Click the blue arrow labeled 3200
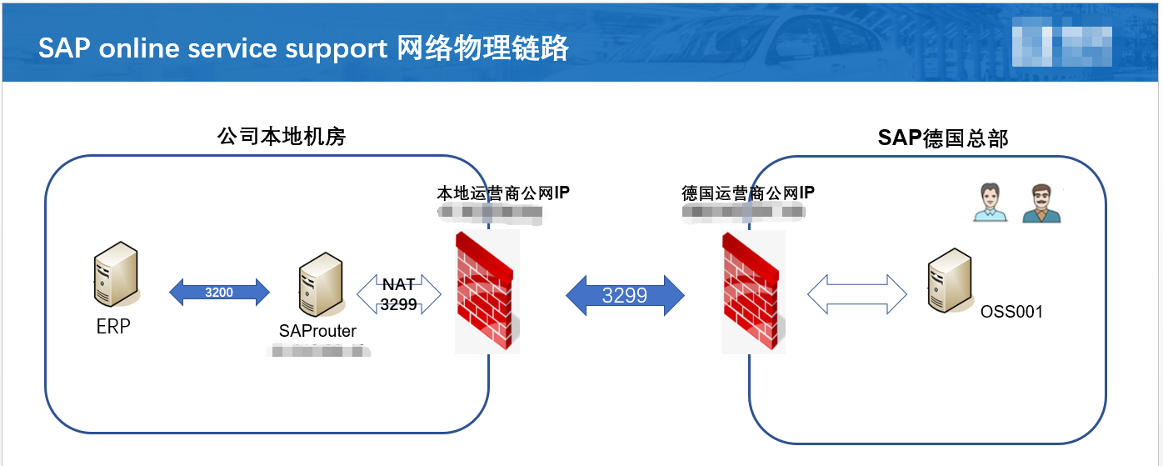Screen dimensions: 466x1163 click(x=220, y=293)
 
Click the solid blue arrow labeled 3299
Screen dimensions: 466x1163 click(x=625, y=295)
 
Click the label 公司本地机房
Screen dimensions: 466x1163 click(x=282, y=137)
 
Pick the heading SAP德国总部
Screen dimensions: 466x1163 click(x=943, y=138)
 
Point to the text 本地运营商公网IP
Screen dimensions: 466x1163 click(x=503, y=193)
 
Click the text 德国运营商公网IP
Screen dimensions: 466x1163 click(x=748, y=193)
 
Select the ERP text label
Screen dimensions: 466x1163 click(x=113, y=327)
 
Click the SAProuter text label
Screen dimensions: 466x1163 click(x=317, y=332)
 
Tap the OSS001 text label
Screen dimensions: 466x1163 click(x=1012, y=312)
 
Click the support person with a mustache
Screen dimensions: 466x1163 click(x=1041, y=203)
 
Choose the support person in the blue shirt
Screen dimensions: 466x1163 click(x=990, y=203)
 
